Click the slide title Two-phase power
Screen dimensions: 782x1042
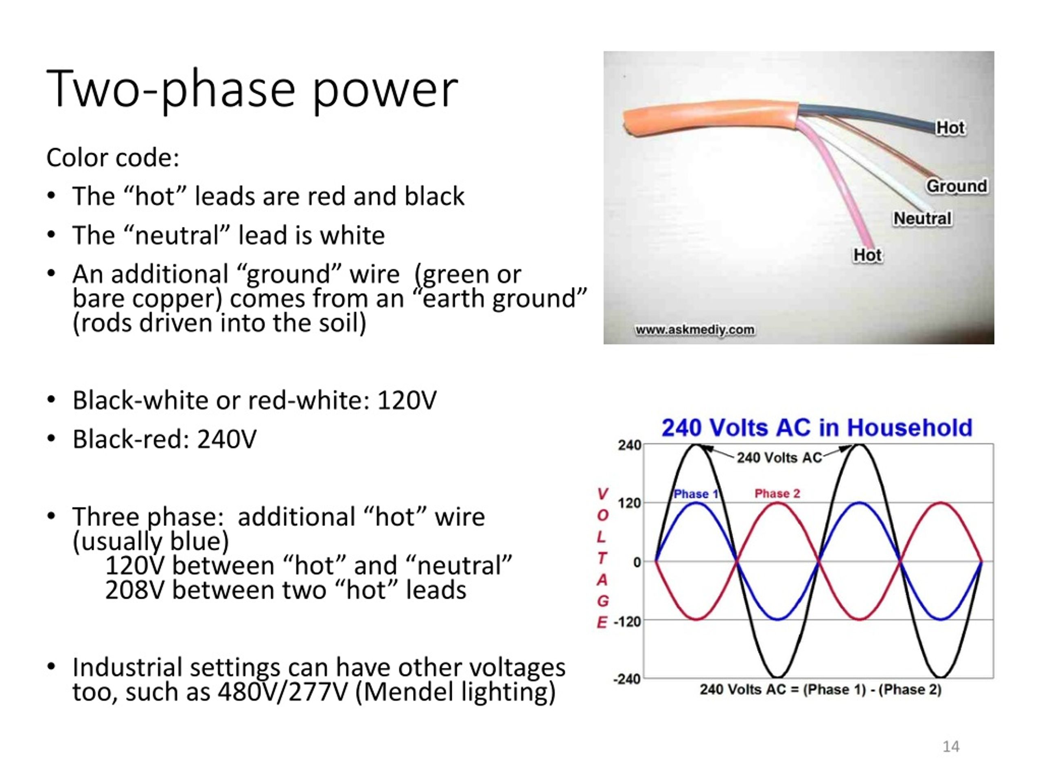252,90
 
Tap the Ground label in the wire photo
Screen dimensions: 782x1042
956,186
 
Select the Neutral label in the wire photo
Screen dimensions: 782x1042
922,219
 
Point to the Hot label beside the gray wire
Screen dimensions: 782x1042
950,128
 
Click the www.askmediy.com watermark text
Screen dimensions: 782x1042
695,329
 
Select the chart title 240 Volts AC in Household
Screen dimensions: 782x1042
817,428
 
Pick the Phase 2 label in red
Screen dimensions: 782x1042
777,494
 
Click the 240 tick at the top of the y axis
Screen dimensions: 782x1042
629,446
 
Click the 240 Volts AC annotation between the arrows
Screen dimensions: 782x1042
779,458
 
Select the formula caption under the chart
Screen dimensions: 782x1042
821,690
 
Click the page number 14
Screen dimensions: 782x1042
950,747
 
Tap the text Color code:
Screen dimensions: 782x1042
113,158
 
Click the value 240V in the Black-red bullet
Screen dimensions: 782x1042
227,439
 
